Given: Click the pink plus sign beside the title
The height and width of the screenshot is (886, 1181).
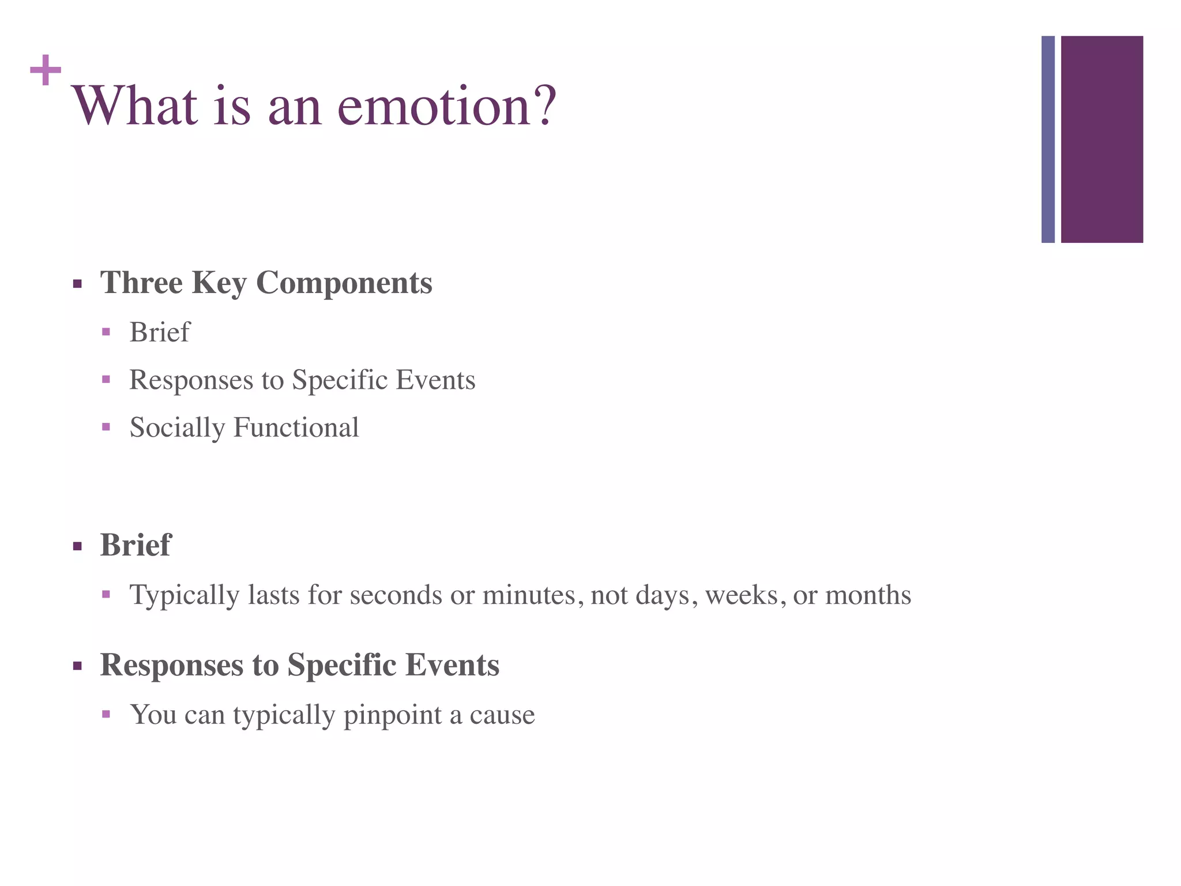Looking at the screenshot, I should point(46,70).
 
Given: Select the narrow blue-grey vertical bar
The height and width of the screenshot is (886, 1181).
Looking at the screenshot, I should point(1048,139).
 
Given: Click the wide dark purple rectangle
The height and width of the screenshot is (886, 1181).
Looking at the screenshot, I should point(1101,139).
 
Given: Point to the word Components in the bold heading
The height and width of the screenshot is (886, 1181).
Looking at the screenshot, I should point(344,283).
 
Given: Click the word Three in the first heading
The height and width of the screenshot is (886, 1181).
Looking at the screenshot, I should point(141,283).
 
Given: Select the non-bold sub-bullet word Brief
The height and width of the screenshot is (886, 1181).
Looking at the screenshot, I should point(159,332).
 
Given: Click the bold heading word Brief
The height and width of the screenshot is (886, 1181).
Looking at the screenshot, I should point(136,545).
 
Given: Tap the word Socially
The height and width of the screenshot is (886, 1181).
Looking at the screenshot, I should point(177,428).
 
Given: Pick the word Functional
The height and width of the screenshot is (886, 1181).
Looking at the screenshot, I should point(296,428).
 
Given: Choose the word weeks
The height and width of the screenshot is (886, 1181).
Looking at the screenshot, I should point(741,595).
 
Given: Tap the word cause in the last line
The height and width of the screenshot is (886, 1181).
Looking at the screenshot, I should point(502,715).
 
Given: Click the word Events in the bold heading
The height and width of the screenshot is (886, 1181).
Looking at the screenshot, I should point(452,664).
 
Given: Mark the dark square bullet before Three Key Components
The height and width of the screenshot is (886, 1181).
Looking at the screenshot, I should point(77,284).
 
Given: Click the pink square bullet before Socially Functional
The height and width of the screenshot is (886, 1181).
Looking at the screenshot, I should point(106,427).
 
